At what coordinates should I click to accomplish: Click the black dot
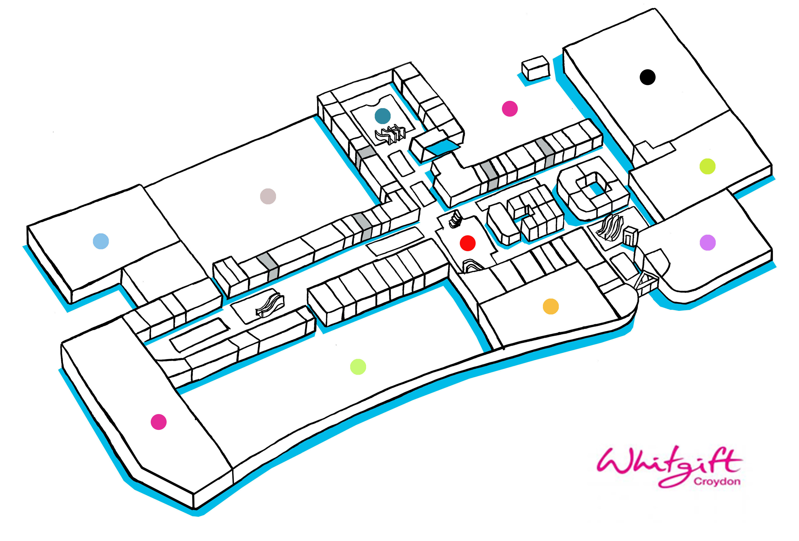[x=647, y=77]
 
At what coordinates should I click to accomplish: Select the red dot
[x=468, y=243]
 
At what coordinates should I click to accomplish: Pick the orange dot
[x=550, y=306]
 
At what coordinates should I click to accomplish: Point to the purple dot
[x=707, y=243]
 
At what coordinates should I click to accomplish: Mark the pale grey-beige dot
[x=268, y=196]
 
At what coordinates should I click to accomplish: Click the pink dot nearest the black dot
[x=510, y=109]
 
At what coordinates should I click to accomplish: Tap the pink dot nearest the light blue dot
[x=159, y=422]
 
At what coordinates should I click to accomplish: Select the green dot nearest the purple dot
[x=707, y=167]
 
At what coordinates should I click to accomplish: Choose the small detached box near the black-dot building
[x=535, y=68]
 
